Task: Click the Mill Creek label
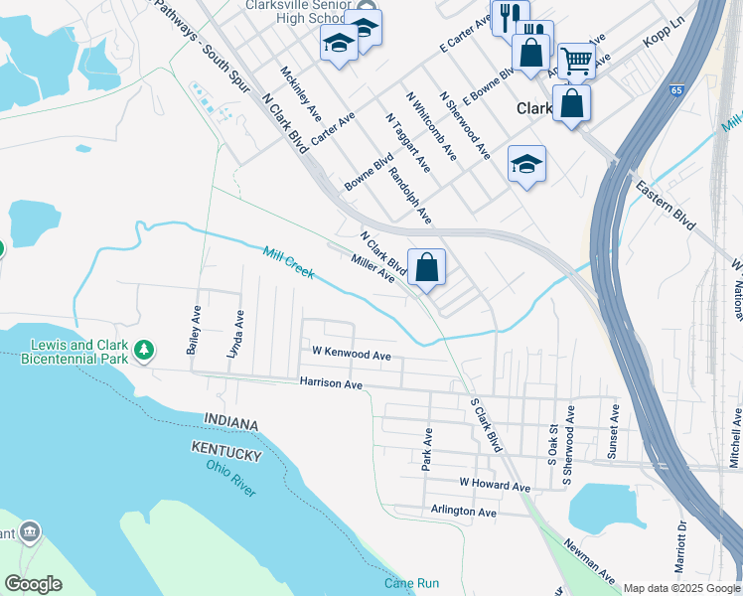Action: tap(288, 263)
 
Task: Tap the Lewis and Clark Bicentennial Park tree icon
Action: tap(145, 350)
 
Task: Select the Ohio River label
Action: tap(231, 475)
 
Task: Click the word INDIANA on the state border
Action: tap(230, 424)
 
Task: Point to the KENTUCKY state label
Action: tap(226, 454)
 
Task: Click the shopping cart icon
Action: tap(576, 61)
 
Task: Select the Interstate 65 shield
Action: tap(676, 90)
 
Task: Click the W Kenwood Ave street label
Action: tap(351, 353)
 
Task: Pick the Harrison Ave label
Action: tap(332, 382)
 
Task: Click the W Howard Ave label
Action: tap(494, 485)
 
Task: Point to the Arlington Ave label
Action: tap(463, 512)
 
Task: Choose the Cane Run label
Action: tap(411, 583)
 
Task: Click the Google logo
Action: tap(34, 583)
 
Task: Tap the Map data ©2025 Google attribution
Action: tap(681, 588)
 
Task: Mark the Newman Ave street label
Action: tap(589, 562)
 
